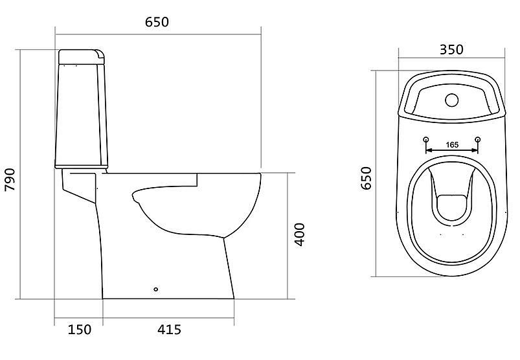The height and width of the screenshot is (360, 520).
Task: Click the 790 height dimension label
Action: click(10, 179)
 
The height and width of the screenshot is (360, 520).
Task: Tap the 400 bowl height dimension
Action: click(300, 234)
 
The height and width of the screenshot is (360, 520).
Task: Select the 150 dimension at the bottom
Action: click(79, 329)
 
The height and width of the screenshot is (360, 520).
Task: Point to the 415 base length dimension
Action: click(169, 329)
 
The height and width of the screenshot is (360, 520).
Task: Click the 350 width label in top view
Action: click(451, 49)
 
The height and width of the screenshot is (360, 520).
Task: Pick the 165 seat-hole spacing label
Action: click(452, 145)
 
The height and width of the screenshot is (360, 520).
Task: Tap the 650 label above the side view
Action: click(157, 22)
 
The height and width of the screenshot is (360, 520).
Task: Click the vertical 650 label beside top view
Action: click(366, 178)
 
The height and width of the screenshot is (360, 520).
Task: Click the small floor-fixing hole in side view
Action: click(156, 289)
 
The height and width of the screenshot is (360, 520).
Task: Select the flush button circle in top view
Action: click(452, 100)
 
